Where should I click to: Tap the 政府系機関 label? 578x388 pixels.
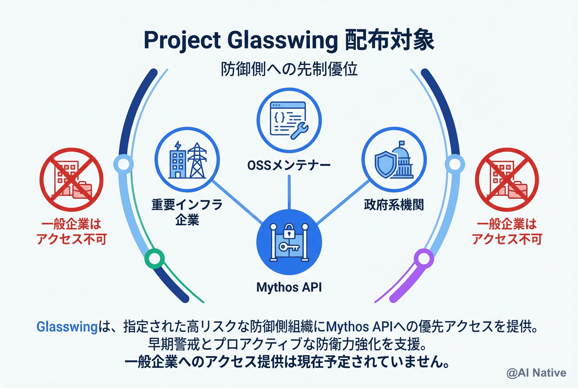394,204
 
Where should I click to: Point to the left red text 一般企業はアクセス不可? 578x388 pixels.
71,232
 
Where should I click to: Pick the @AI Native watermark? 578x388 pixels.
536,373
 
